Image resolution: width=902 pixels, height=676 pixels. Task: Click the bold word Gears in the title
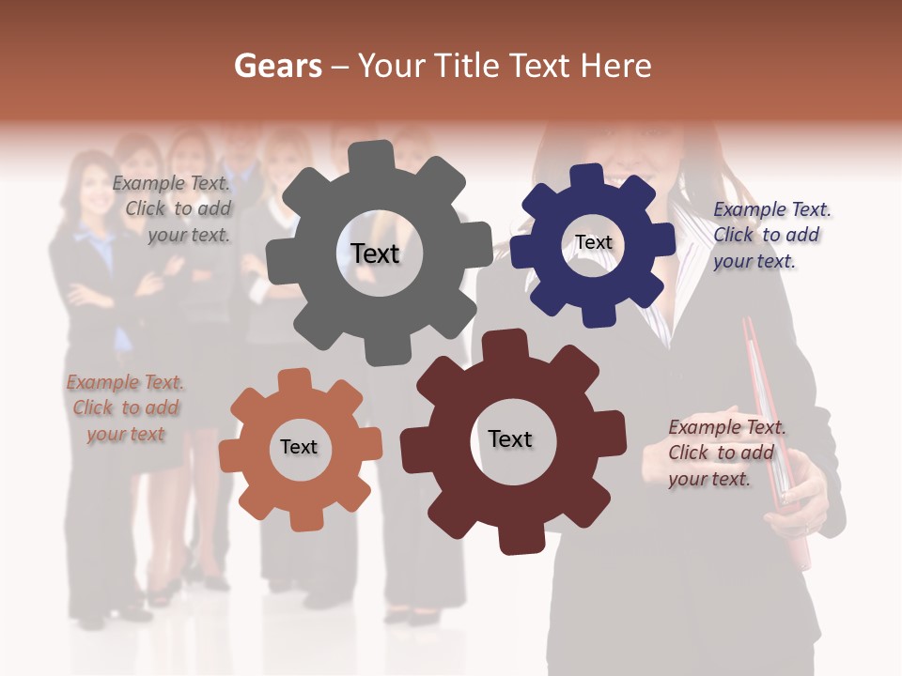277,66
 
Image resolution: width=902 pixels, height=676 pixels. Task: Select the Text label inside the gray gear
375,253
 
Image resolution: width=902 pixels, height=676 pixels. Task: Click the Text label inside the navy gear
593,242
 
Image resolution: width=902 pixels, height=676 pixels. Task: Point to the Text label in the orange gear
299,447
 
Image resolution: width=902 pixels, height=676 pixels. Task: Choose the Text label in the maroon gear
510,438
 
